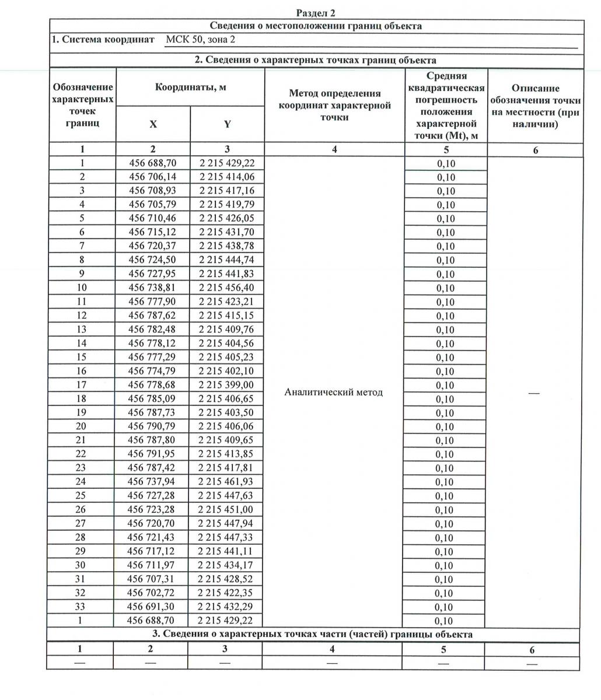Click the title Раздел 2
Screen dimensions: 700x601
pos(316,13)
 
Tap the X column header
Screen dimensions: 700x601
pos(153,124)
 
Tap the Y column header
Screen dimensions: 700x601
pos(228,124)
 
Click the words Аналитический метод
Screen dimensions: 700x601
pos(333,392)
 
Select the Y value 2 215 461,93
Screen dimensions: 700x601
pos(226,481)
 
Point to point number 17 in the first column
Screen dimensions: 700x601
pos(82,384)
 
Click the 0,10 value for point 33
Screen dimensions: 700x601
pos(445,607)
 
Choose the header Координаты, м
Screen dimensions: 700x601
pos(190,87)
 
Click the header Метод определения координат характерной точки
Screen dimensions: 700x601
pos(334,105)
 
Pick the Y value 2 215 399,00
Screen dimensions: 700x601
pos(226,384)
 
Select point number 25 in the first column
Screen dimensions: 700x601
pos(81,495)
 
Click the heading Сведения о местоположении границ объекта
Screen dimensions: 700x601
pos(316,26)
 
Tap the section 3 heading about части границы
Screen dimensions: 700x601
pos(316,634)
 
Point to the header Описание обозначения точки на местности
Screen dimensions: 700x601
pos(535,106)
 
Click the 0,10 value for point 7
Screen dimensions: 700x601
pos(445,247)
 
